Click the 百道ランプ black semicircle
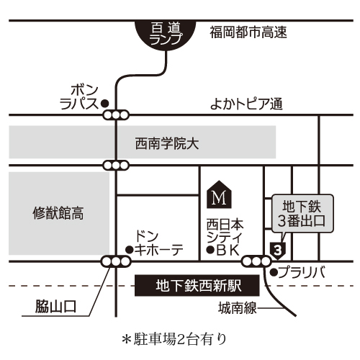coord(166,35)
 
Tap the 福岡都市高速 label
coord(248,32)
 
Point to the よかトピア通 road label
coord(246,104)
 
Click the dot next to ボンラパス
coord(104,104)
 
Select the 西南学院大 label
coord(167,144)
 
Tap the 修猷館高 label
coord(58,213)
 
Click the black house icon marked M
coord(219,194)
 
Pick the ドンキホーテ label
coord(158,243)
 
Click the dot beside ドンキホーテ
coord(130,250)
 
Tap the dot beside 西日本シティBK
coord(210,250)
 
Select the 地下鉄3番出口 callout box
coord(302,214)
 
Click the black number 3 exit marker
coord(278,251)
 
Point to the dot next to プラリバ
coord(274,272)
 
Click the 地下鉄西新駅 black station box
coord(197,286)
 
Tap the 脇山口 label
coord(55,307)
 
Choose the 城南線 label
coord(238,308)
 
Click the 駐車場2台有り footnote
coord(174,339)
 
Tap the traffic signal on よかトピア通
coord(116,115)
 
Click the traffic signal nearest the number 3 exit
coord(256,261)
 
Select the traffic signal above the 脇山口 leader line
coord(116,261)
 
